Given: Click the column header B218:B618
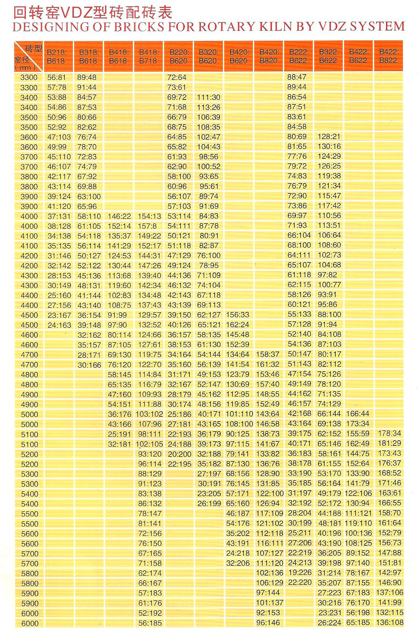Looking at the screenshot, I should pos(57,57).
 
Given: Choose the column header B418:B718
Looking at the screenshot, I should pos(148,57).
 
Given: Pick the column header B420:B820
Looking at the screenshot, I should pos(269,56).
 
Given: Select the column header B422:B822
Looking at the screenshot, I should pos(388,56).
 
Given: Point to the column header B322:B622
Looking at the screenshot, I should pos(328,56).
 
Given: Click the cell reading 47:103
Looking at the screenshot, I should pos(59,137).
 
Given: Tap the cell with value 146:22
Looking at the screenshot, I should pos(119,216).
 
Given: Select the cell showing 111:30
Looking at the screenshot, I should pos(209,97).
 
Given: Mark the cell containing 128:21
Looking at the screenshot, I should pos(329,137).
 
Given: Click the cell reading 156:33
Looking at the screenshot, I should pos(238,315).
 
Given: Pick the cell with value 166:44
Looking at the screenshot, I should pos(358,414).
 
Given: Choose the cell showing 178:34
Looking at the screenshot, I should pos(390,433).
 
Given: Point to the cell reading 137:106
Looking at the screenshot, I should pos(390,592).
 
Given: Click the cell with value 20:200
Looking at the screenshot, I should pos(179,454).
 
